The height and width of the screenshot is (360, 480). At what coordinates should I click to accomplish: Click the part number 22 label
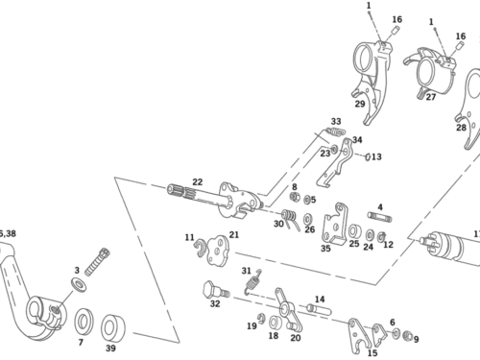point(198,182)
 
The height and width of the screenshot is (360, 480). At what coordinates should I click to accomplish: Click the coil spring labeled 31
point(254,282)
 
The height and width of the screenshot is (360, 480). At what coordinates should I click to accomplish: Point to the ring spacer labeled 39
point(113,327)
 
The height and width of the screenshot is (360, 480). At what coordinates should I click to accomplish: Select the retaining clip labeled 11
point(200,248)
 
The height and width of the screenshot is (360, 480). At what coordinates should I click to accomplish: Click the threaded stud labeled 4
point(380,216)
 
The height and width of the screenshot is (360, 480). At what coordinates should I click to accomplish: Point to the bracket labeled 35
point(335,224)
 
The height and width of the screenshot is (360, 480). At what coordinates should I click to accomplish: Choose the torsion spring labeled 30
point(291,219)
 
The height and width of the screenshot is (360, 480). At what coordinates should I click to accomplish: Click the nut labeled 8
point(295,197)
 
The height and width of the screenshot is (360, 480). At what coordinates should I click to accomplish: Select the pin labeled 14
point(320,309)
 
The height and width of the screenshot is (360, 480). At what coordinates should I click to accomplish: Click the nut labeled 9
point(407,335)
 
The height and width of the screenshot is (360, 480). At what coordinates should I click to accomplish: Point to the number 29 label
point(360,104)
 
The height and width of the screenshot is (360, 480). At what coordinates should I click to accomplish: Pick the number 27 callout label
point(431,97)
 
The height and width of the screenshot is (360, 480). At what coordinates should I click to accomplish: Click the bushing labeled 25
point(354,231)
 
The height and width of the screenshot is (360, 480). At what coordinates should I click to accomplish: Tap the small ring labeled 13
point(369,156)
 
